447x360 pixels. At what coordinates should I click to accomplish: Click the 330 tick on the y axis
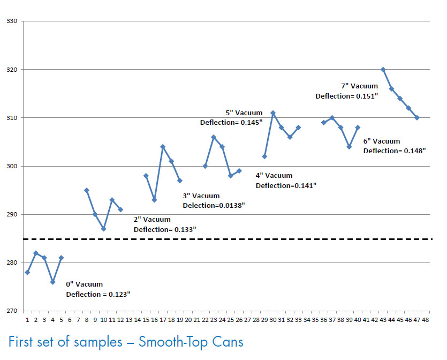pos(12,21)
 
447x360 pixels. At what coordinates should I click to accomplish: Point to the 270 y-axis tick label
pos(12,311)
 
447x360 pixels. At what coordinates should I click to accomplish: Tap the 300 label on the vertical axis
pos(12,166)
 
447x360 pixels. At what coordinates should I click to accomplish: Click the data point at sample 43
pos(383,70)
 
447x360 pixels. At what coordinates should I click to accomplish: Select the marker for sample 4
pos(52,282)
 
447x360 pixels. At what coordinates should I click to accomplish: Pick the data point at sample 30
pos(273,113)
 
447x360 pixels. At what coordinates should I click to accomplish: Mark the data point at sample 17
pos(163,147)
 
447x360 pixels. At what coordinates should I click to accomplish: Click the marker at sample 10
pos(103,229)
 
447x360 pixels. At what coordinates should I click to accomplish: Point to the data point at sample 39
pos(349,147)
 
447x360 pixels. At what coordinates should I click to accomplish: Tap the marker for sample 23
pos(214,137)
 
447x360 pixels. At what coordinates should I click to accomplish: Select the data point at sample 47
pos(417,118)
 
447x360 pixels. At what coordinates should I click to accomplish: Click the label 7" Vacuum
pos(359,86)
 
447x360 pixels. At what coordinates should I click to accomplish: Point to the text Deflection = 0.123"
pos(98,294)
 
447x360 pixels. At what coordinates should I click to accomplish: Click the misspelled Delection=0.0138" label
pos(214,205)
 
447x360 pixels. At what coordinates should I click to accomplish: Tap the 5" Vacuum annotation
pos(244,113)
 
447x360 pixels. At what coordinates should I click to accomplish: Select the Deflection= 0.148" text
pos(395,151)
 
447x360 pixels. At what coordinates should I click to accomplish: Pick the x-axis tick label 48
pos(426,319)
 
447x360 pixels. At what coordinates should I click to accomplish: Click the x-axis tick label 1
pos(27,319)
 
